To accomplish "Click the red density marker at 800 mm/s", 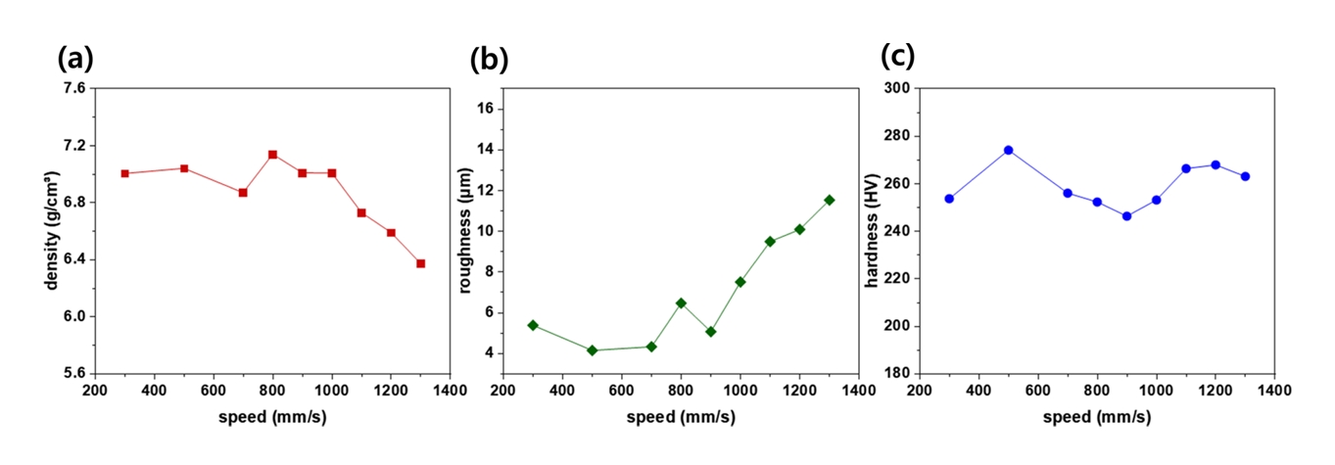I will click(x=272, y=155).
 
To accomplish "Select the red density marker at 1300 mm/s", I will click(x=420, y=263).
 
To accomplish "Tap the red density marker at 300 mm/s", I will click(x=125, y=173).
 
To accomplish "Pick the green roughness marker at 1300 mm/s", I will click(x=829, y=200).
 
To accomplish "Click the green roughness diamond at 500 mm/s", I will click(x=592, y=350).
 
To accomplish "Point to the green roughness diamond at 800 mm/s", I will click(x=681, y=303).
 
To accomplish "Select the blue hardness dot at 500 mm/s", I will click(x=1008, y=150).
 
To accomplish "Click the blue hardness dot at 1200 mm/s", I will click(x=1216, y=164).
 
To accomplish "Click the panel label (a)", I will click(x=76, y=59).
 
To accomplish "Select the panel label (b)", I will click(x=489, y=60).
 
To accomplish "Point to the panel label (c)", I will click(x=897, y=57).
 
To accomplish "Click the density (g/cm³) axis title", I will click(x=51, y=231).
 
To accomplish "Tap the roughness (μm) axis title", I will click(x=465, y=231).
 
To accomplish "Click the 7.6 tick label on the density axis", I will click(x=74, y=89).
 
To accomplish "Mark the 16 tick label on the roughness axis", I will click(x=483, y=110).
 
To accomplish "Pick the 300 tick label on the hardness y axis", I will click(x=894, y=89).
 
